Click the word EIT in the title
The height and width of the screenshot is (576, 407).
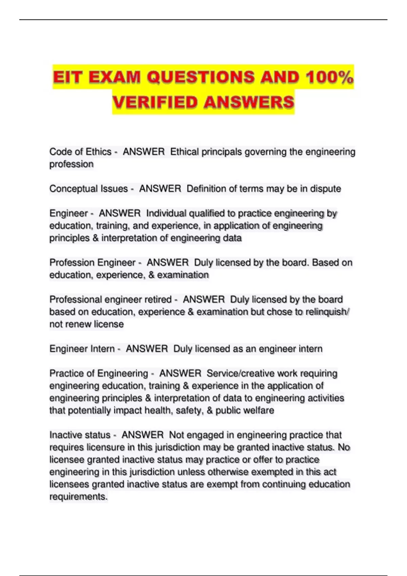pos(68,77)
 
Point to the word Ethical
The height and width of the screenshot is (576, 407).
pos(185,152)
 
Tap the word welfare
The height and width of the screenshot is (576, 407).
pos(259,410)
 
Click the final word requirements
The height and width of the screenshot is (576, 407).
pos(78,497)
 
